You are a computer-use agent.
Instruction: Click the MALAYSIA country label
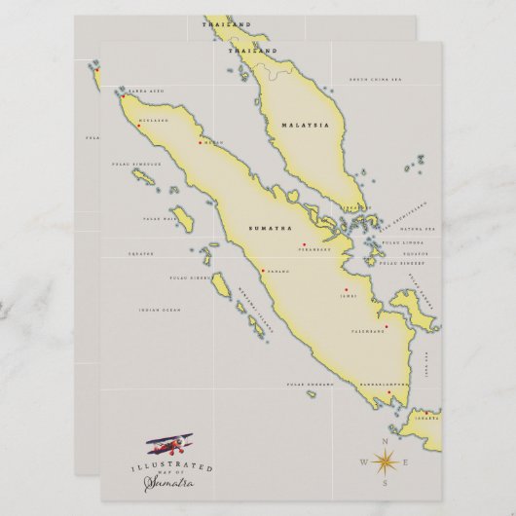[306, 126]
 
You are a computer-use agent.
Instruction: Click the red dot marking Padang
[262, 271]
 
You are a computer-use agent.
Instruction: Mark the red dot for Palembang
[387, 326]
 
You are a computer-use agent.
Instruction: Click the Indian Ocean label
[160, 310]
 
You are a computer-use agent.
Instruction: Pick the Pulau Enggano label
[303, 386]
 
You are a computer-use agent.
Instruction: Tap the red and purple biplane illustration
[169, 447]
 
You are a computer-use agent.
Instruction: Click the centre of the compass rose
[384, 461]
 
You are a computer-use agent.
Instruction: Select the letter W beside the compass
[363, 462]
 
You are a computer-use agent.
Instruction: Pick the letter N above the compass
[384, 441]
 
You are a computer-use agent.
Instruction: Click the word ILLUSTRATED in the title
[171, 467]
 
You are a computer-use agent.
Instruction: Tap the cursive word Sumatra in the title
[167, 482]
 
